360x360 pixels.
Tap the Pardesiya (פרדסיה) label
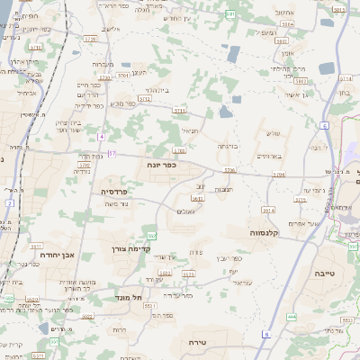(114, 191)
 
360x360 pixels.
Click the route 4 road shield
(102, 136)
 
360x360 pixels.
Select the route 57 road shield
(112, 154)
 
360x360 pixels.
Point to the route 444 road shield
(291, 317)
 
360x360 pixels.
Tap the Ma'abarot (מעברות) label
(103, 65)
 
